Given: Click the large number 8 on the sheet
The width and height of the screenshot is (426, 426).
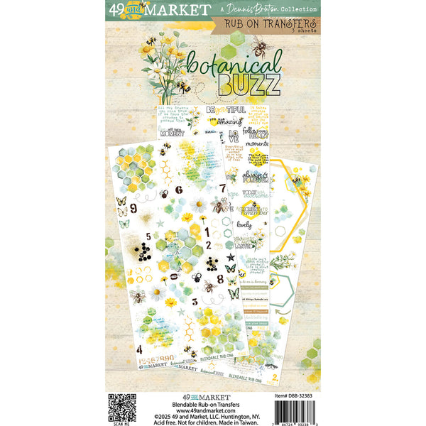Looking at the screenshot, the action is [229, 268].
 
